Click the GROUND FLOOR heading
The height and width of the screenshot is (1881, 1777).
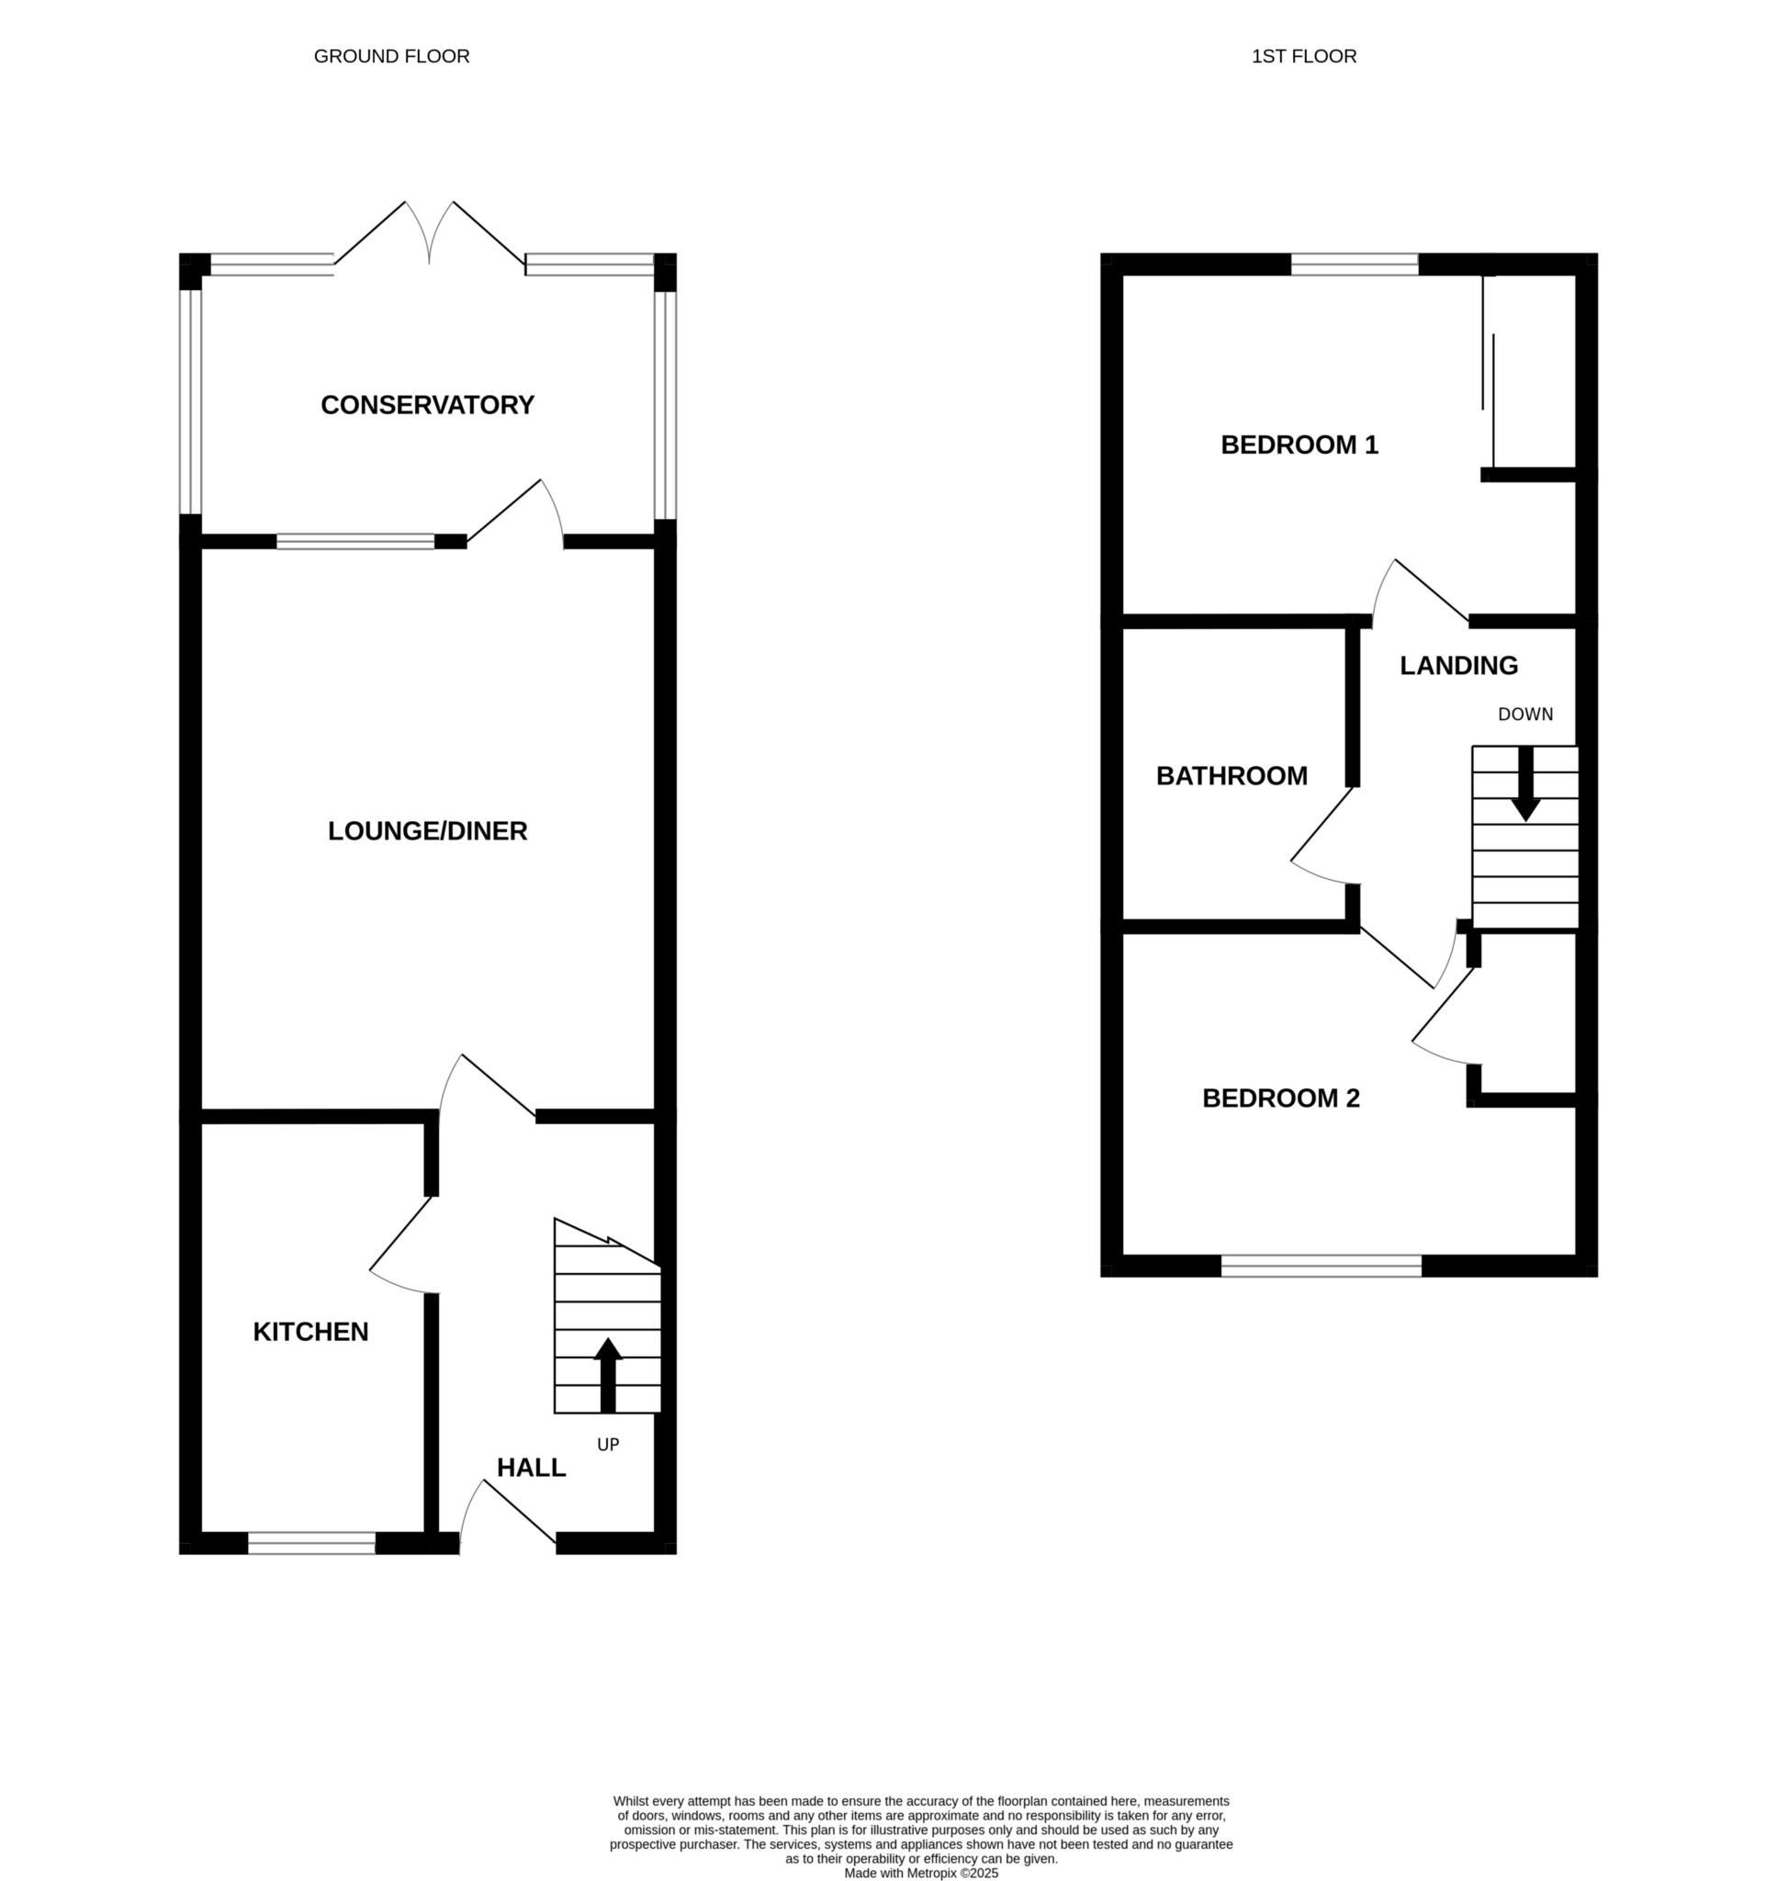coord(391,57)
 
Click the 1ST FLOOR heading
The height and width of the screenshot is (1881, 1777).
coord(1303,57)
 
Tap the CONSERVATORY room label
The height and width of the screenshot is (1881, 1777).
coord(427,405)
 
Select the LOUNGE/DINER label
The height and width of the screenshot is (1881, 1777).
coord(427,831)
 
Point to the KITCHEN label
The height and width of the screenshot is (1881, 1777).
coord(310,1332)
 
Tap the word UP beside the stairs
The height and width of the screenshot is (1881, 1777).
coord(608,1445)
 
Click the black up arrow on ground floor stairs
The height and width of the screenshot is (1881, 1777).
coord(608,1375)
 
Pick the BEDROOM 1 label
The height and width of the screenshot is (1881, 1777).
coord(1299,445)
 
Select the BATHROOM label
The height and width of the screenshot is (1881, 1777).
coord(1232,776)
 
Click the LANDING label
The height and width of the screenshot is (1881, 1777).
coord(1458,666)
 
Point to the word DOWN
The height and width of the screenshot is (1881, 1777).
coord(1525,715)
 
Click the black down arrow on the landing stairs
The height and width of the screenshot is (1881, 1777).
coord(1525,783)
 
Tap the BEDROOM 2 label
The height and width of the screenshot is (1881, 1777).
coord(1281,1098)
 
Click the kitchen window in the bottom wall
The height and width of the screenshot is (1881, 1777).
coord(311,1544)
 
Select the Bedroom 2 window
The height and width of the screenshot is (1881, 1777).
coord(1322,1266)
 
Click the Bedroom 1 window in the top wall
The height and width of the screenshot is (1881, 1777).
coord(1355,265)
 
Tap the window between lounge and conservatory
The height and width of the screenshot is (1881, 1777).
coord(356,542)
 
